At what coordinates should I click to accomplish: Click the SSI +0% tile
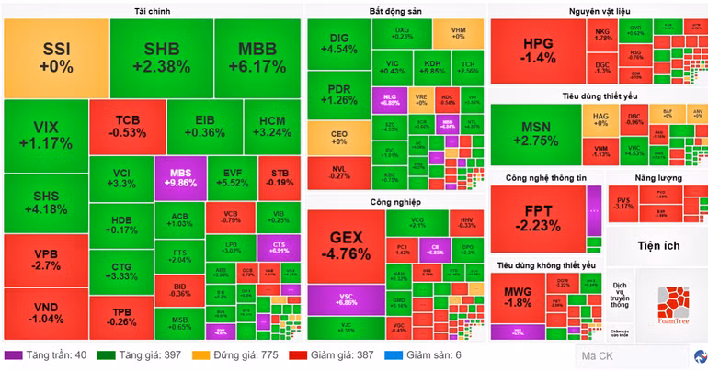point(55,57)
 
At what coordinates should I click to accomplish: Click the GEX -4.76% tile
point(346,246)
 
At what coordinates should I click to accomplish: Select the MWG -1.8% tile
point(518,297)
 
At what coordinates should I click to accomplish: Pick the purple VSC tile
point(346,298)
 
